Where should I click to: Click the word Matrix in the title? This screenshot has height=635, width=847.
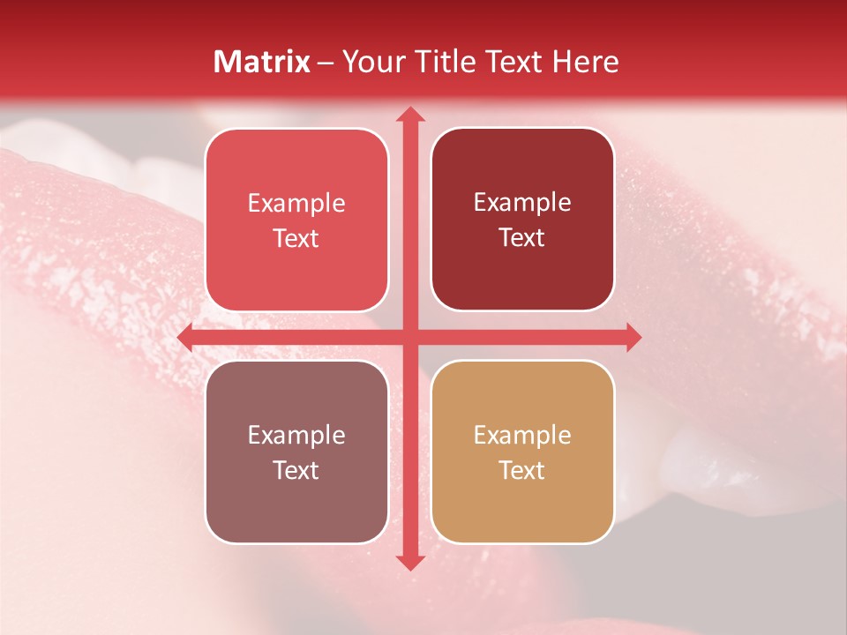(x=262, y=62)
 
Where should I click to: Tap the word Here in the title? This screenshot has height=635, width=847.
(x=585, y=62)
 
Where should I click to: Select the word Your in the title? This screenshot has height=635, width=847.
(x=373, y=62)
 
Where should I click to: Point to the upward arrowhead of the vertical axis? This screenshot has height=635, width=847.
(x=409, y=114)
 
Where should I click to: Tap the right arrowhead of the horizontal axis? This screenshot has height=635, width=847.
(x=633, y=337)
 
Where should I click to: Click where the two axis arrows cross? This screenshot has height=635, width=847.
(x=409, y=337)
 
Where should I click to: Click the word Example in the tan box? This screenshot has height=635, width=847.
(x=522, y=435)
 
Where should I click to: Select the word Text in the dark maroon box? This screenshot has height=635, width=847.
(x=522, y=237)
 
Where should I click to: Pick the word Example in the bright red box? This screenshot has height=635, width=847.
(x=296, y=203)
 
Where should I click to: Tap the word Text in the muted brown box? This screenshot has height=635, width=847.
(x=296, y=470)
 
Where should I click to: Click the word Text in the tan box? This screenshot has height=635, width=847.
(x=522, y=470)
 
